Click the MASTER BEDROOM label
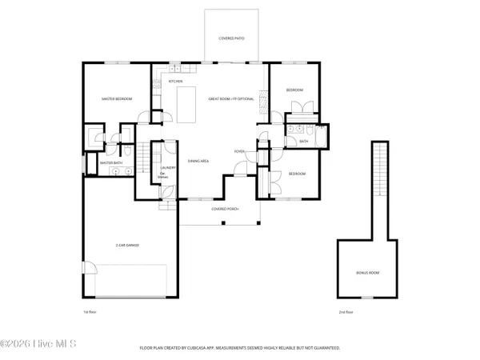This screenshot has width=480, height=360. pos(116,98)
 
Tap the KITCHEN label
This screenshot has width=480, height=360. pos(175,81)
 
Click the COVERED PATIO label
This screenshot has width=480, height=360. pos(233,38)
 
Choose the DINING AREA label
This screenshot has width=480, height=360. pos(198,161)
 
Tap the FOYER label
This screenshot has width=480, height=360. pos(238,150)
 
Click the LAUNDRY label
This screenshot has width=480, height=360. pos(168,167)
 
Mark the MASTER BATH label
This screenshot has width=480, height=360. pos(111,163)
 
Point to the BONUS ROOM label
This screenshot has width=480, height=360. pos(368,273)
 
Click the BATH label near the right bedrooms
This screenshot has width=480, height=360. pos(304,142)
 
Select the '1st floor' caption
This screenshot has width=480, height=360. pos(90,312)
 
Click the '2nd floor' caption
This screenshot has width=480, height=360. pos(346,312)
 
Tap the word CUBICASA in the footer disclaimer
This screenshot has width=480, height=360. pos(205,348)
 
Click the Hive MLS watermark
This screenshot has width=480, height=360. pos(38,345)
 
